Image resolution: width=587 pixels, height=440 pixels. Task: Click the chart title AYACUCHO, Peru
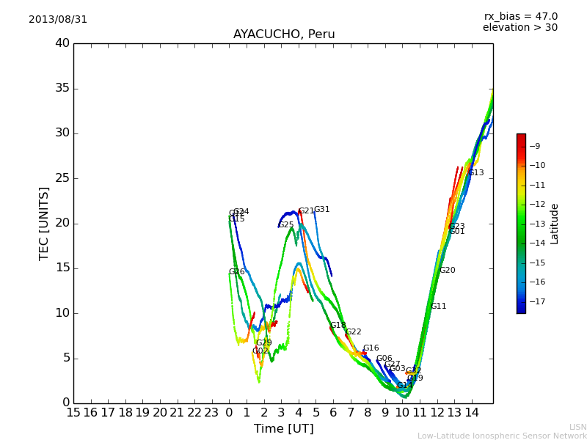coord(284,34)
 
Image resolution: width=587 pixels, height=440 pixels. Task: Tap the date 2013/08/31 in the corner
coord(58,20)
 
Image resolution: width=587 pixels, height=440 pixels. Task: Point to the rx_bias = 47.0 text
coord(520,17)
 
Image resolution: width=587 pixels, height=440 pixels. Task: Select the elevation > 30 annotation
coord(520,28)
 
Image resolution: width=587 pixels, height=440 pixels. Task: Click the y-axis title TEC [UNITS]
coord(44,223)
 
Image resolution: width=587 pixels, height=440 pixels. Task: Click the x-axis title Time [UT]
coord(283,428)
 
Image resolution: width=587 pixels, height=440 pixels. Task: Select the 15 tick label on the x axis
coord(73,413)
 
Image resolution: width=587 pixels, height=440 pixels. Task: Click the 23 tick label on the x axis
coord(212,413)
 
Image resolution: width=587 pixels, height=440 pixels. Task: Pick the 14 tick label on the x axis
coord(472,413)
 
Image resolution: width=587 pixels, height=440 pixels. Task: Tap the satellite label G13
coord(476,173)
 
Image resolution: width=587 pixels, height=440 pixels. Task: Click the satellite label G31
coord(322,210)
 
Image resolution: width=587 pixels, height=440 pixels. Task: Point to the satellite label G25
coord(286,225)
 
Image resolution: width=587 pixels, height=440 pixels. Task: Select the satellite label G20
coord(448,271)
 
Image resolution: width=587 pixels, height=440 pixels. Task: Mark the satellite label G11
coord(438,307)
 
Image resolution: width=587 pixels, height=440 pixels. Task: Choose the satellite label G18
coord(338,326)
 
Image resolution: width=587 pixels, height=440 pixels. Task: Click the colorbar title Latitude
coord(555,224)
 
